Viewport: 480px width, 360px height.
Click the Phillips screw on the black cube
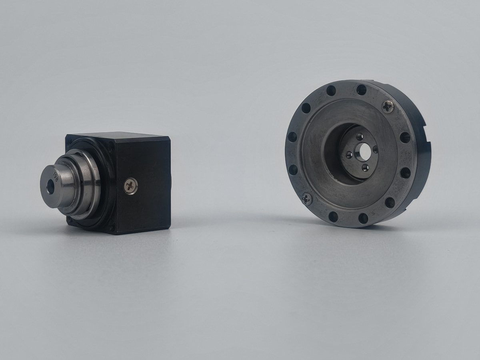(x=130, y=186)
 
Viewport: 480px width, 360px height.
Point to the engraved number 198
(x=56, y=176)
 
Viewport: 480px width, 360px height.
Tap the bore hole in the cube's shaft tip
(x=50, y=187)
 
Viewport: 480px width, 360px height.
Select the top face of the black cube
(x=120, y=136)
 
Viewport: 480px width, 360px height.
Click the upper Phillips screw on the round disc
(x=388, y=106)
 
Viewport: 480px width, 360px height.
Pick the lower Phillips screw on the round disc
(x=306, y=198)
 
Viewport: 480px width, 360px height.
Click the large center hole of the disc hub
(x=364, y=152)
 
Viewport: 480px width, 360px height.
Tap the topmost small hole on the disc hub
(x=360, y=136)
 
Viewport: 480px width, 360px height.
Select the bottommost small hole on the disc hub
(x=365, y=168)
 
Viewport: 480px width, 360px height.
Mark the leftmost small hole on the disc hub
(x=349, y=154)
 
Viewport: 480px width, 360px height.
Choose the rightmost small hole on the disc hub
(x=376, y=149)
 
